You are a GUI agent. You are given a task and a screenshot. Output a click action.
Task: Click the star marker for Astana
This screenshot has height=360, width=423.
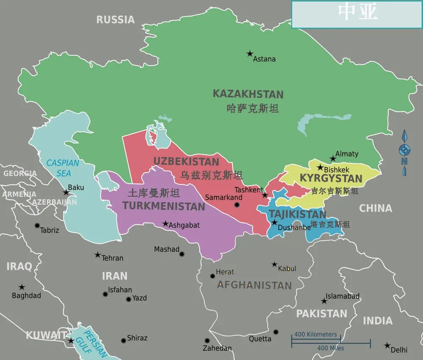point(250,54)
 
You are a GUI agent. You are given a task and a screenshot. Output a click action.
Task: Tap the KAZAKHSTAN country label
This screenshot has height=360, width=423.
point(248,94)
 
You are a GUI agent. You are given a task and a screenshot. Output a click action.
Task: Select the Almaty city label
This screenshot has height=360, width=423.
point(346,154)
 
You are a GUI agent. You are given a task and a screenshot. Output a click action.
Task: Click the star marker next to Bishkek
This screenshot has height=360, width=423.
point(320,168)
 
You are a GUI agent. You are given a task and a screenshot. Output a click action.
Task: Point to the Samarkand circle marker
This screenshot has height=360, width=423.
point(237,205)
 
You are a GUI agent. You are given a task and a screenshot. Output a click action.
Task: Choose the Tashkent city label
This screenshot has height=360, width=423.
point(249,190)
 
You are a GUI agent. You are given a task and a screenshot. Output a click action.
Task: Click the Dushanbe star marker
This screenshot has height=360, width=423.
point(274,223)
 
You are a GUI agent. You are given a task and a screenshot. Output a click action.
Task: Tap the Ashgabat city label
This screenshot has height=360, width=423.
point(184,225)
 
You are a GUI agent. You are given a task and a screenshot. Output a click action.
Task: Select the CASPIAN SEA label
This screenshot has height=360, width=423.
point(63,168)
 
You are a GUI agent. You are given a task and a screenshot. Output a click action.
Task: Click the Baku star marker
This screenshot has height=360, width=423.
point(66,192)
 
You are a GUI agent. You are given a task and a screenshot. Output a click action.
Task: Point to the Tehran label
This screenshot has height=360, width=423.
point(112,258)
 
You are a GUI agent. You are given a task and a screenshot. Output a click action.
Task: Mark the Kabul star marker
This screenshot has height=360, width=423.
point(275,264)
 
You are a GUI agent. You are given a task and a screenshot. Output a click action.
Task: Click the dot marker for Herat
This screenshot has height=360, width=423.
point(213,276)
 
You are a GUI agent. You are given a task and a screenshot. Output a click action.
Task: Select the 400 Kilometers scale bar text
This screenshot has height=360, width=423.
point(316,334)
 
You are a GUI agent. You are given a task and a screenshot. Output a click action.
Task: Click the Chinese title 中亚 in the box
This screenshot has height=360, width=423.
point(357,13)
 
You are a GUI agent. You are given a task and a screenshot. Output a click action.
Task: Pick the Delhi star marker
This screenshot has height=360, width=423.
point(387,346)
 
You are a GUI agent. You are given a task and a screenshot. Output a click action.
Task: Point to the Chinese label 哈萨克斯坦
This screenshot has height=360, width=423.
point(253,108)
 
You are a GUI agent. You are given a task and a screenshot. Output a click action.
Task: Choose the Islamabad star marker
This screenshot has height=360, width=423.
point(324,301)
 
